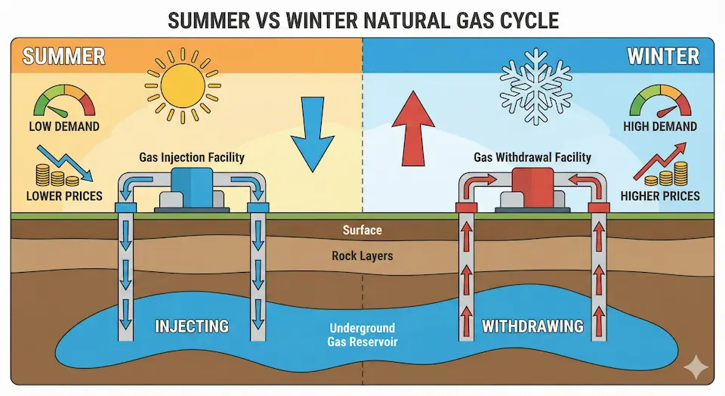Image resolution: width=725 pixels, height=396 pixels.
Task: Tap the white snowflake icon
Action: pos(536,86)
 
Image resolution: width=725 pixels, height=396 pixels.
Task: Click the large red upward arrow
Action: pos(413,128)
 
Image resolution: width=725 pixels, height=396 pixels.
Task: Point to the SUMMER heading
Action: pos(63,57)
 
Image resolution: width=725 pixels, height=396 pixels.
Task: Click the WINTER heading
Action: pos(663,57)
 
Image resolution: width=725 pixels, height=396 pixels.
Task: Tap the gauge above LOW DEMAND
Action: pos(64,101)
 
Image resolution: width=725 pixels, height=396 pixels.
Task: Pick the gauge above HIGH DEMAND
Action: pos(660,101)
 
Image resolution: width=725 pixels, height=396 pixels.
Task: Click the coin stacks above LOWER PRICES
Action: pos(57,175)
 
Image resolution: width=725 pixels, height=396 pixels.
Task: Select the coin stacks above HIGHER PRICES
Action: pos(666,174)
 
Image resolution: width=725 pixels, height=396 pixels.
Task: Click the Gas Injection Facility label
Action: pos(192,157)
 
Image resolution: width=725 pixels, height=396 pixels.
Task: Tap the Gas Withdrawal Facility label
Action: pos(532,157)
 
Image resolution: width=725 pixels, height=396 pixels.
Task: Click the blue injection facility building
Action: pos(192,190)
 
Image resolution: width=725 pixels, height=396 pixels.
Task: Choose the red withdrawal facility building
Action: pos(532,190)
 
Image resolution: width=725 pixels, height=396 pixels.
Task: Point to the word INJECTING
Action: pos(191,326)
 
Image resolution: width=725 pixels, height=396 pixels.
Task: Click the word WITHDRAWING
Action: pos(532,326)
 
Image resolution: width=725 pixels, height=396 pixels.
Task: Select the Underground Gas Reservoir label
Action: pos(362,335)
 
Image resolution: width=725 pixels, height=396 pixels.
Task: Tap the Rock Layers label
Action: pos(362,256)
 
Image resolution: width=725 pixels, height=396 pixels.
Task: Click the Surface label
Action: pos(362,230)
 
